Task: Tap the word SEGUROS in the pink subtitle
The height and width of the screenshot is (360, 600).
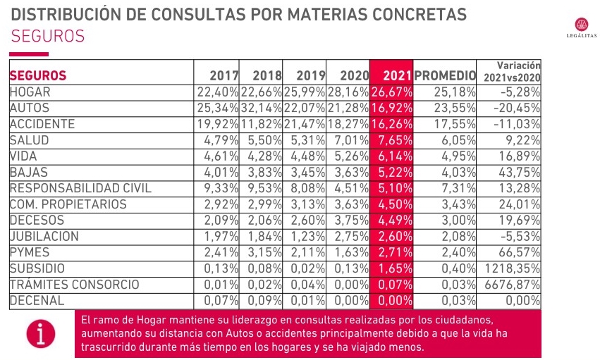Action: tap(48, 36)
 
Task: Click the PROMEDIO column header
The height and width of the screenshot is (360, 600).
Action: tap(446, 75)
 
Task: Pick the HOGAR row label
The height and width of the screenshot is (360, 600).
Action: tap(30, 92)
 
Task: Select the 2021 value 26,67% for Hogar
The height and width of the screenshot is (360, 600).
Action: tap(392, 92)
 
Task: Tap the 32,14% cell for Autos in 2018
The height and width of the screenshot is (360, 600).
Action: tap(262, 108)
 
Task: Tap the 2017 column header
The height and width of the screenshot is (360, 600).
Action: tap(224, 75)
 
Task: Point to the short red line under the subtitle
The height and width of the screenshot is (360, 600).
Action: tap(29, 54)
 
